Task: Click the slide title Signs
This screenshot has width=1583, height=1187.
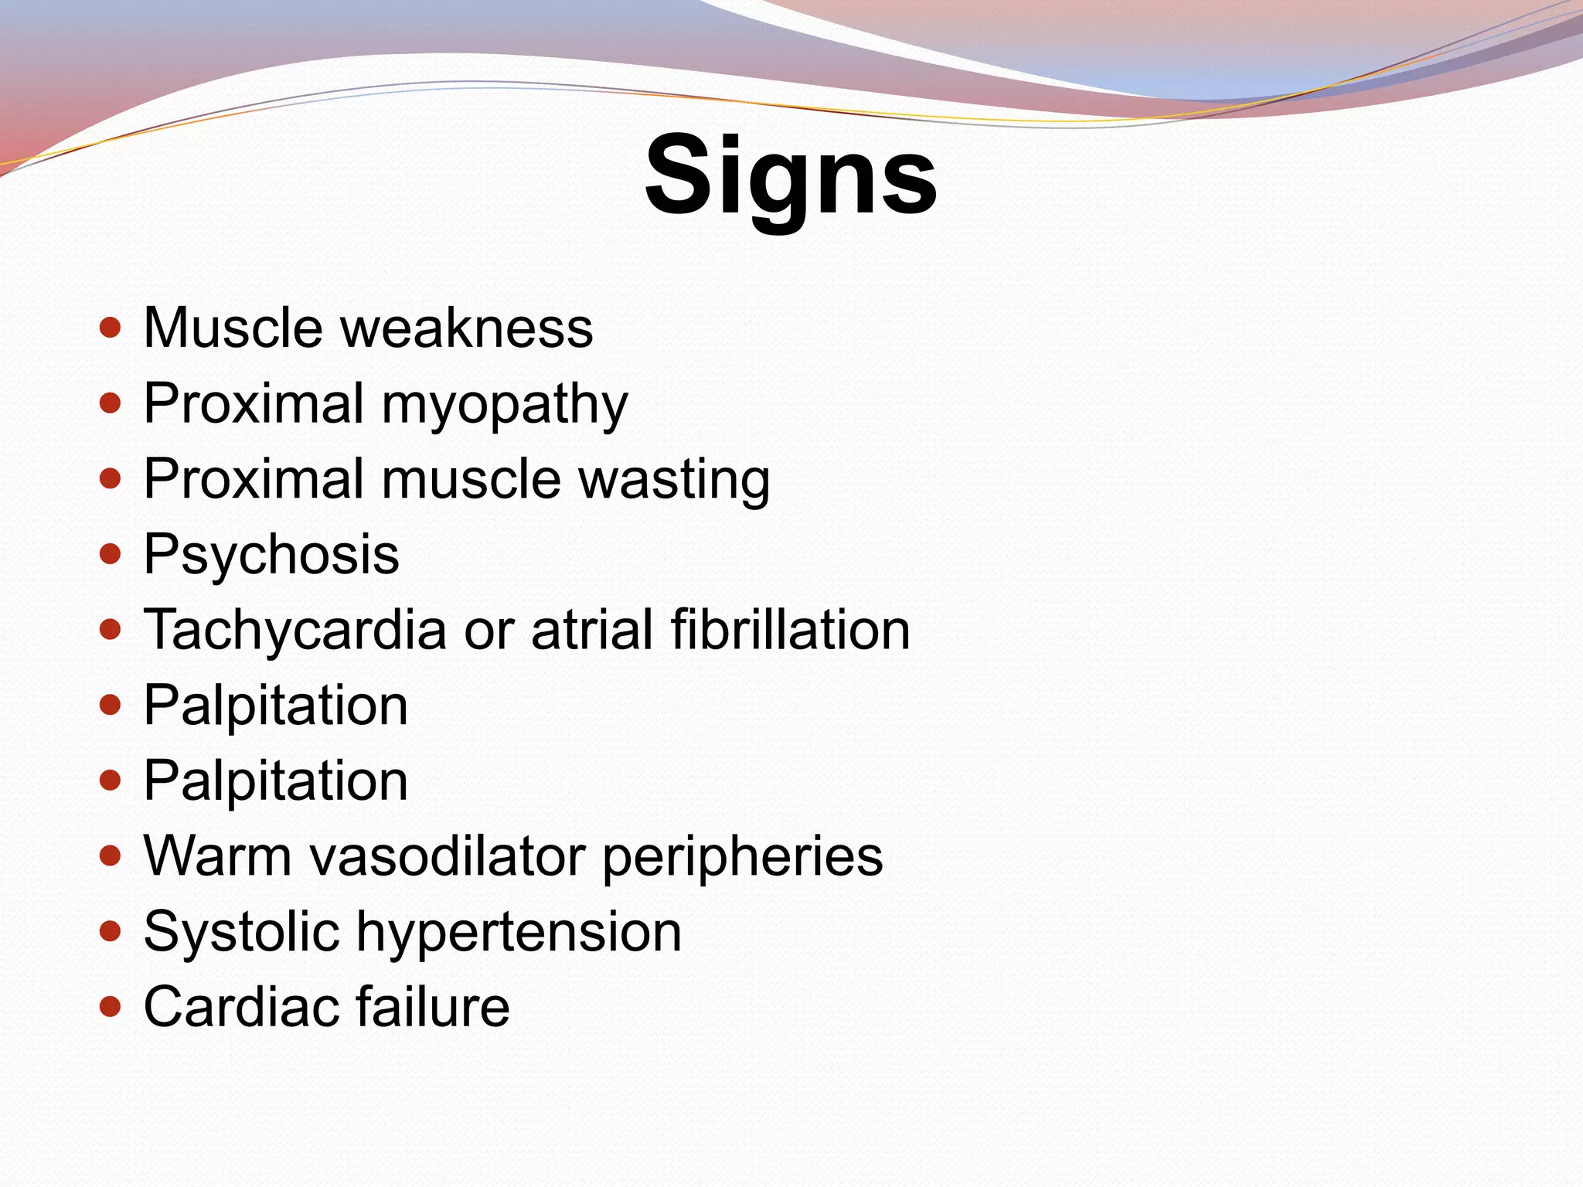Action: (x=791, y=176)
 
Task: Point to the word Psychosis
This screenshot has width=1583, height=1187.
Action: (x=271, y=555)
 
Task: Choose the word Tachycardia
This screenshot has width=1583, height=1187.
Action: (x=295, y=631)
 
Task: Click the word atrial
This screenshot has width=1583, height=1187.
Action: (x=593, y=629)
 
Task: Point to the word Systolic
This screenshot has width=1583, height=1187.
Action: (x=241, y=932)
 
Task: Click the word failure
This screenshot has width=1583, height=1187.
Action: (x=433, y=1007)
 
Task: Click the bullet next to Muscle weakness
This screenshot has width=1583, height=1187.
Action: (x=111, y=328)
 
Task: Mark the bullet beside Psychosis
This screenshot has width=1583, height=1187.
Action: (x=111, y=554)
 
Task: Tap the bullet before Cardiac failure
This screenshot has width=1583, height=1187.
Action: (x=111, y=1007)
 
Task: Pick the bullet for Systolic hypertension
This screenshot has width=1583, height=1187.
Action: (x=111, y=931)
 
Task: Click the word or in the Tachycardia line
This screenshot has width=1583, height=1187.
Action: (x=489, y=631)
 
